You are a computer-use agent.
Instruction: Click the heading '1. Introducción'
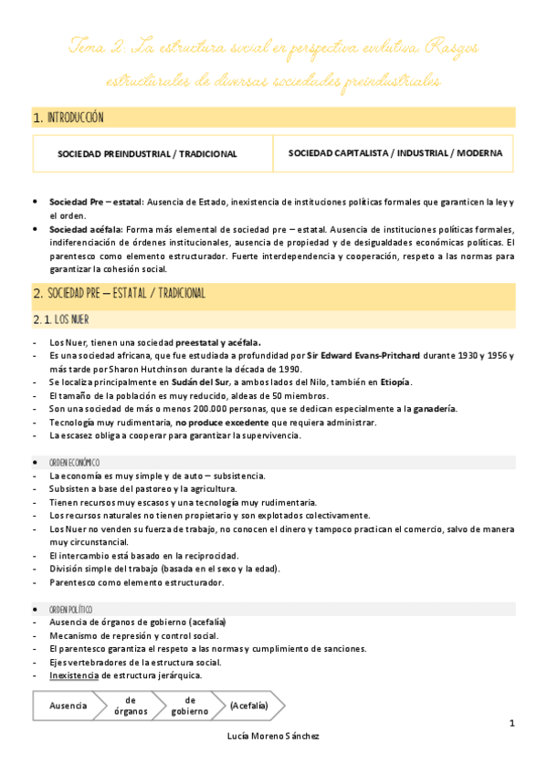(68, 118)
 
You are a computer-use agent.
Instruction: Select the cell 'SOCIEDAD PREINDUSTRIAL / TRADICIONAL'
(147, 154)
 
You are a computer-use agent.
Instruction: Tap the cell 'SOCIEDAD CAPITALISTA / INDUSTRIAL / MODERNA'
(394, 153)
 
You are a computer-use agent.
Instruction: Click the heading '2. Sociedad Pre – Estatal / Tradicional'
(119, 294)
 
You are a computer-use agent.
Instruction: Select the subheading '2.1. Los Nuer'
(60, 319)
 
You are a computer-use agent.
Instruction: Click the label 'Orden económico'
(75, 463)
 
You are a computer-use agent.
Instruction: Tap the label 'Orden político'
(71, 609)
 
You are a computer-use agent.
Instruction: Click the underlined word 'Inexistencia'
(75, 675)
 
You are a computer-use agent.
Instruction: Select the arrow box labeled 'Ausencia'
(68, 706)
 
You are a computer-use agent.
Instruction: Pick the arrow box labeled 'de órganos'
(131, 706)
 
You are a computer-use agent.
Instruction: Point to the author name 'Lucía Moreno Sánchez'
(273, 737)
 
